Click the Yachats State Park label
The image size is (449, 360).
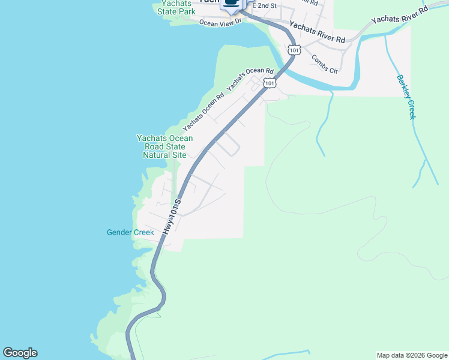(x=176, y=7)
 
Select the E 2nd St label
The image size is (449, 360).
(x=264, y=5)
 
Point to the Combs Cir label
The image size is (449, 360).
(x=325, y=64)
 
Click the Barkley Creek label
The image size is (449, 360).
(x=406, y=97)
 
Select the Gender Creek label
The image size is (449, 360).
(x=130, y=232)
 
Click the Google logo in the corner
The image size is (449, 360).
(x=20, y=353)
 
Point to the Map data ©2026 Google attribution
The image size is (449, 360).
(x=412, y=355)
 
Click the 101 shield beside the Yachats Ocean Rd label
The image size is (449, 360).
(x=270, y=83)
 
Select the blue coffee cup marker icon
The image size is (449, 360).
(x=231, y=4)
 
